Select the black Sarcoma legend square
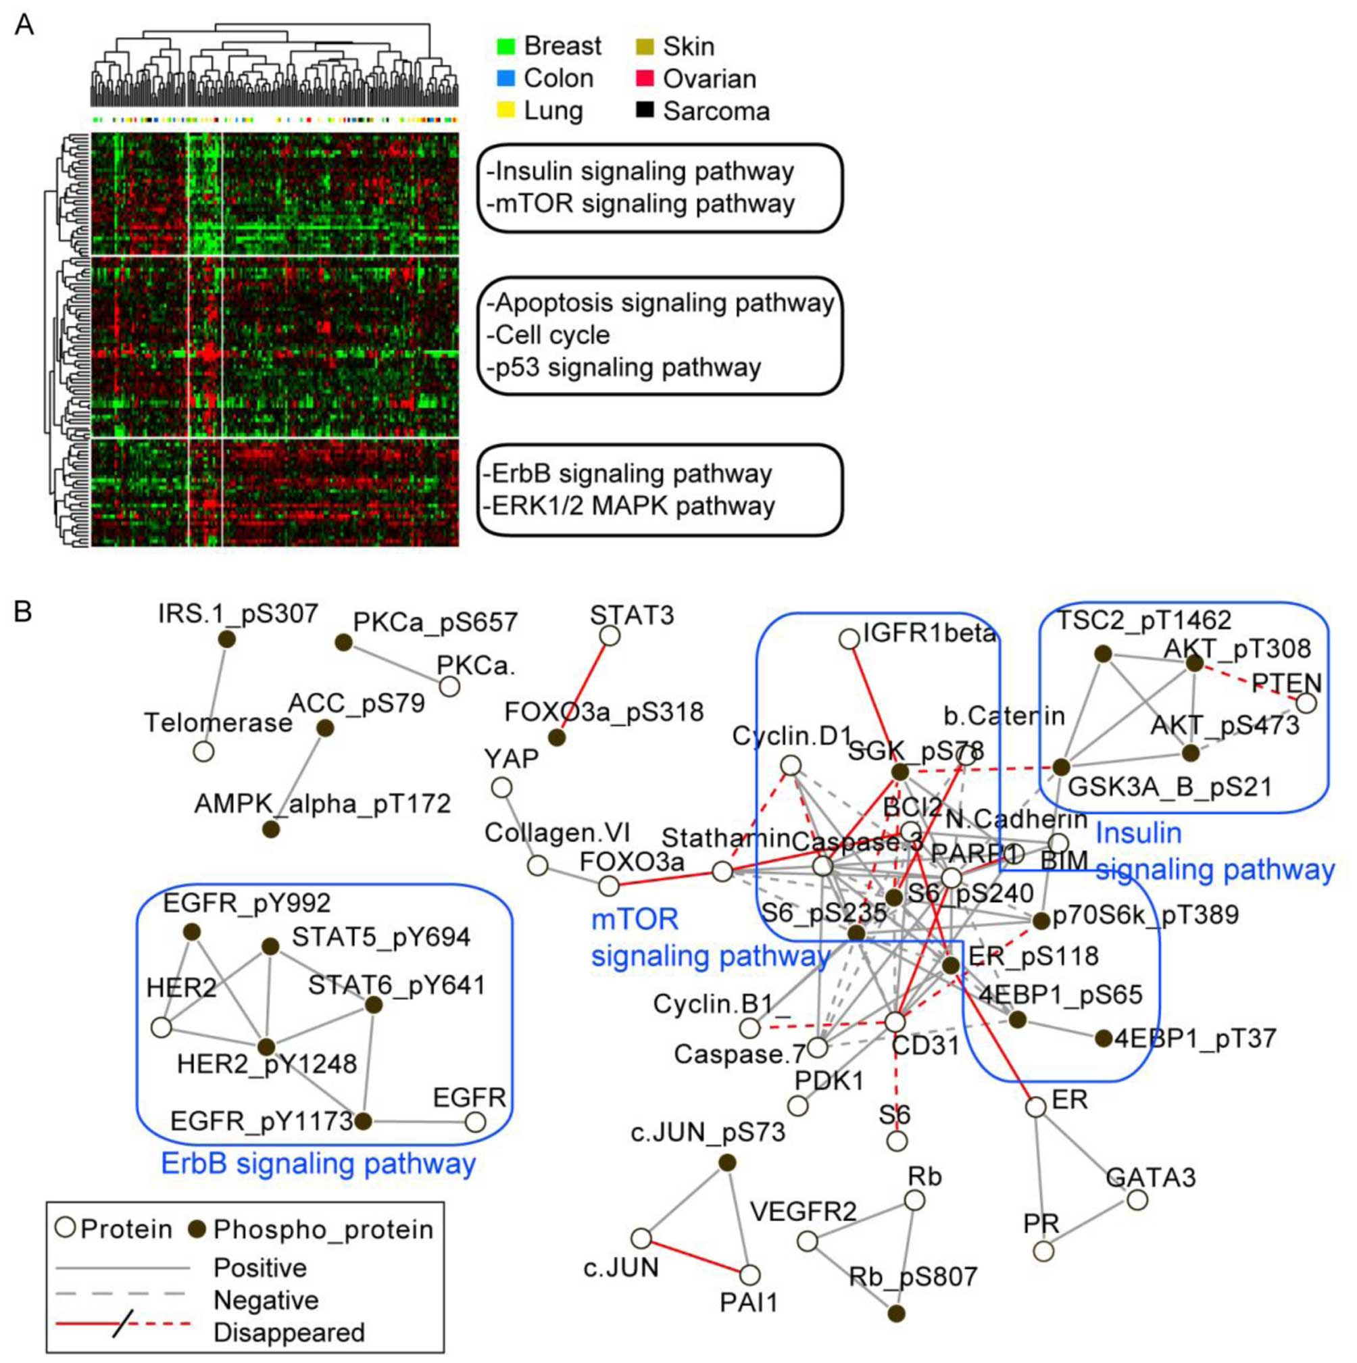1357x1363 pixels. tap(644, 110)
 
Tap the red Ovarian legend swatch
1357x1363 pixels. tap(644, 78)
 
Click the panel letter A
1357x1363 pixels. tap(24, 26)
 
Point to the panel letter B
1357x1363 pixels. tap(23, 612)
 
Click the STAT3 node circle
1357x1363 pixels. tap(610, 637)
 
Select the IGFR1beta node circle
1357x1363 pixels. tap(849, 639)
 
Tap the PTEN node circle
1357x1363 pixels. tap(1306, 703)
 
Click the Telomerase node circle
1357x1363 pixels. tap(204, 752)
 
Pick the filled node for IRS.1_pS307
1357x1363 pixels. tap(226, 639)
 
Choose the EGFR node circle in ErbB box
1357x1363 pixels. tap(476, 1122)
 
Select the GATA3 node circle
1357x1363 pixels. tap(1137, 1200)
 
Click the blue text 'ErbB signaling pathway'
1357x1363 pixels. tap(318, 1164)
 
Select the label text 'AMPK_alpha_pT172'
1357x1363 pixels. tap(322, 803)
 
